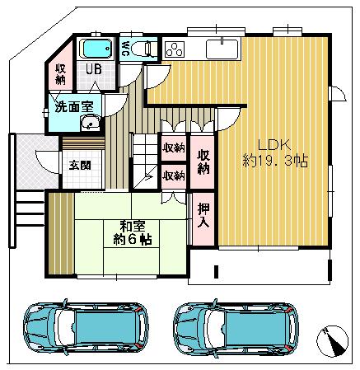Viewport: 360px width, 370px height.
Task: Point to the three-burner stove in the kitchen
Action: tap(175, 49)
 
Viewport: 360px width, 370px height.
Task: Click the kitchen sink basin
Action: tap(220, 48)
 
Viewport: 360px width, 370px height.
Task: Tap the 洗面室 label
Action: tap(72, 106)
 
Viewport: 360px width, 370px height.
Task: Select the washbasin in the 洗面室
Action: tap(90, 124)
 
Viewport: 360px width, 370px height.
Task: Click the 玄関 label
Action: tap(80, 163)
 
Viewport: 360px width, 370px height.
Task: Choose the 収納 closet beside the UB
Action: tap(61, 74)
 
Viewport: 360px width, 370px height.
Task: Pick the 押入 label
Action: tap(203, 216)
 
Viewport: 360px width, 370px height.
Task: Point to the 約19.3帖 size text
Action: tap(274, 160)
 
